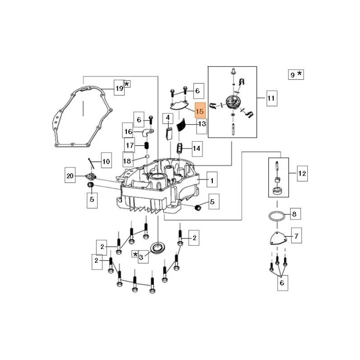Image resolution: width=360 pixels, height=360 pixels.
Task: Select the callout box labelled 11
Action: [271, 98]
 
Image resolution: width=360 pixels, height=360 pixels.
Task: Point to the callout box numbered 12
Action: [302, 172]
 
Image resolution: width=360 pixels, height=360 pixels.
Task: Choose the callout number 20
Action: [70, 176]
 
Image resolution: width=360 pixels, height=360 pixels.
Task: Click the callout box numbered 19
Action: [119, 89]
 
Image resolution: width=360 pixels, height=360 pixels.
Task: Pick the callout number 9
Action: [292, 75]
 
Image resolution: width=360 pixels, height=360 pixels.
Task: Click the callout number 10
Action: [106, 161]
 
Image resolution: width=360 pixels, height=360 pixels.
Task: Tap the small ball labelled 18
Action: [147, 157]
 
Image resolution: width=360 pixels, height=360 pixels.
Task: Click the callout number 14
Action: [196, 148]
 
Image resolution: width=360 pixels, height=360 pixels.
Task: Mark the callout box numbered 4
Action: [168, 119]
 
